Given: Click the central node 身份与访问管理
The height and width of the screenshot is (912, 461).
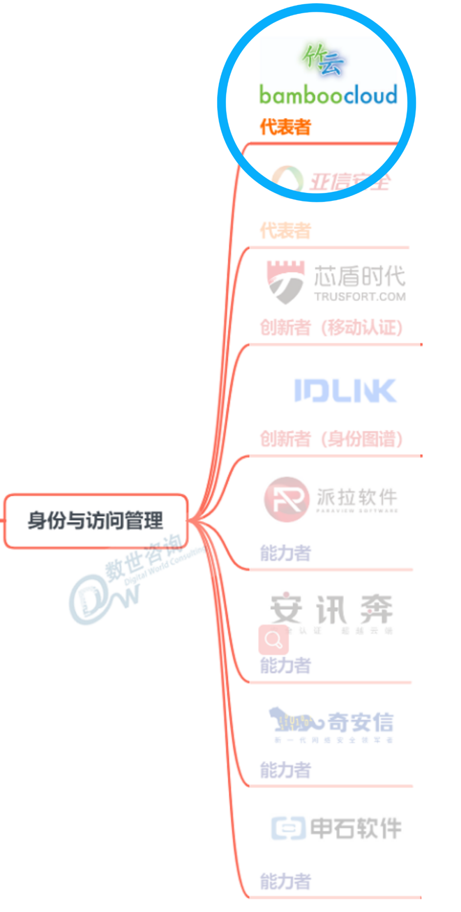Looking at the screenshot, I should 96,520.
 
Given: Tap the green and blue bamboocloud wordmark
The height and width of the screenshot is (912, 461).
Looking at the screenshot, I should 328,95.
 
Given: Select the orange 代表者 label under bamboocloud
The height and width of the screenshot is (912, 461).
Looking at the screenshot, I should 286,127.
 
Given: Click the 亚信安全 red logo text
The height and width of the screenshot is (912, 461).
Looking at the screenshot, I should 349,182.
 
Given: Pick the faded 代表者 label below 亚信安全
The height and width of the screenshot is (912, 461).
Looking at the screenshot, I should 286,231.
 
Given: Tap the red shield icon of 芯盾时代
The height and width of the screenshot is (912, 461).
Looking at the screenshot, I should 285,282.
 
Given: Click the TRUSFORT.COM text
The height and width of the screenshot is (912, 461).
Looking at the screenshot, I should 360,296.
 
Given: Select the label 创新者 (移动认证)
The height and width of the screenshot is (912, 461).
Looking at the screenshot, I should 331,328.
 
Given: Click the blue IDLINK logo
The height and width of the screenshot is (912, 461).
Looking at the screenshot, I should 345,390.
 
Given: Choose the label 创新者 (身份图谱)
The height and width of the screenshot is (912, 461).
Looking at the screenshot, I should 331,439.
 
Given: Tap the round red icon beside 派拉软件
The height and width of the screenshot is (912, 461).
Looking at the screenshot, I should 286,499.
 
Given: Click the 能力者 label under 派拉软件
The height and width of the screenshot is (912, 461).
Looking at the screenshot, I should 286,553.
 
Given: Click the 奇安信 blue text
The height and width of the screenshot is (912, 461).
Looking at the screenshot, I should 361,722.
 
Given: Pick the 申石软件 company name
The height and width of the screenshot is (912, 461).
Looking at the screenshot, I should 356,828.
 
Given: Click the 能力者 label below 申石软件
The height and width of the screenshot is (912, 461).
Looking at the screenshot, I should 286,881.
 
